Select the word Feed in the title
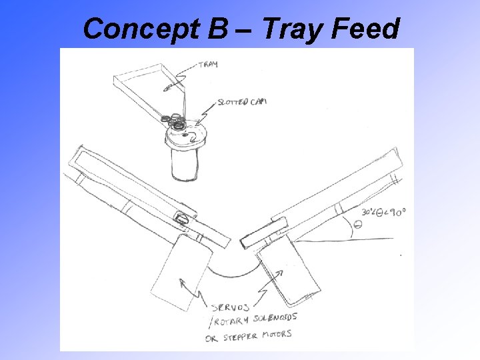pyautogui.click(x=366, y=29)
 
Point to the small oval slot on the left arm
pyautogui.click(x=181, y=218)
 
